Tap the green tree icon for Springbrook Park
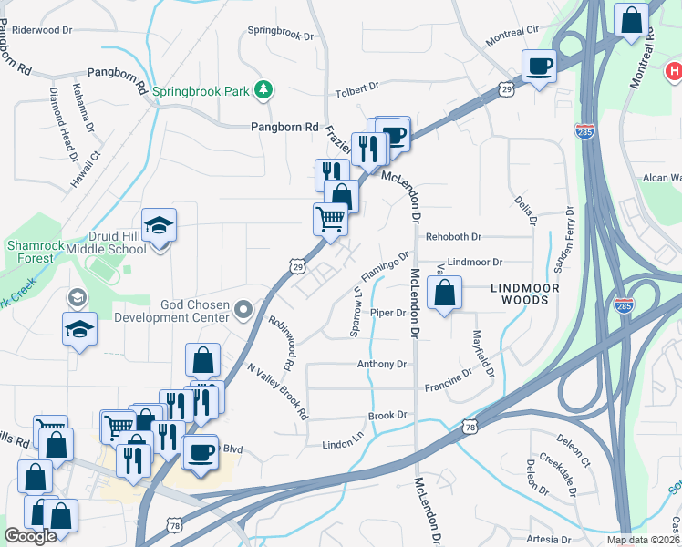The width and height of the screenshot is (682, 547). (263, 89)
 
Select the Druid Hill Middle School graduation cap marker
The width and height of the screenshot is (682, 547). (159, 226)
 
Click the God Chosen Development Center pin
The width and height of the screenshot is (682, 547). (243, 311)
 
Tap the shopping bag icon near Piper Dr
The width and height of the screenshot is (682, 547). (444, 294)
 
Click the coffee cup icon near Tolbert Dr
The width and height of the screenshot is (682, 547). (538, 67)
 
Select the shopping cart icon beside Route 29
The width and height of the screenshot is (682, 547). (330, 219)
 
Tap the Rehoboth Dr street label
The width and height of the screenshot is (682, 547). (454, 237)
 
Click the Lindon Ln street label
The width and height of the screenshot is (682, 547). (343, 445)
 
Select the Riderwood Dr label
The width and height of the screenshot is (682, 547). (42, 30)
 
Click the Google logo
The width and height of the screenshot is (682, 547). (30, 536)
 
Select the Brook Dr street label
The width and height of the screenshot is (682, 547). (387, 416)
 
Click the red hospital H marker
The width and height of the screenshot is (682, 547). (674, 71)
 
